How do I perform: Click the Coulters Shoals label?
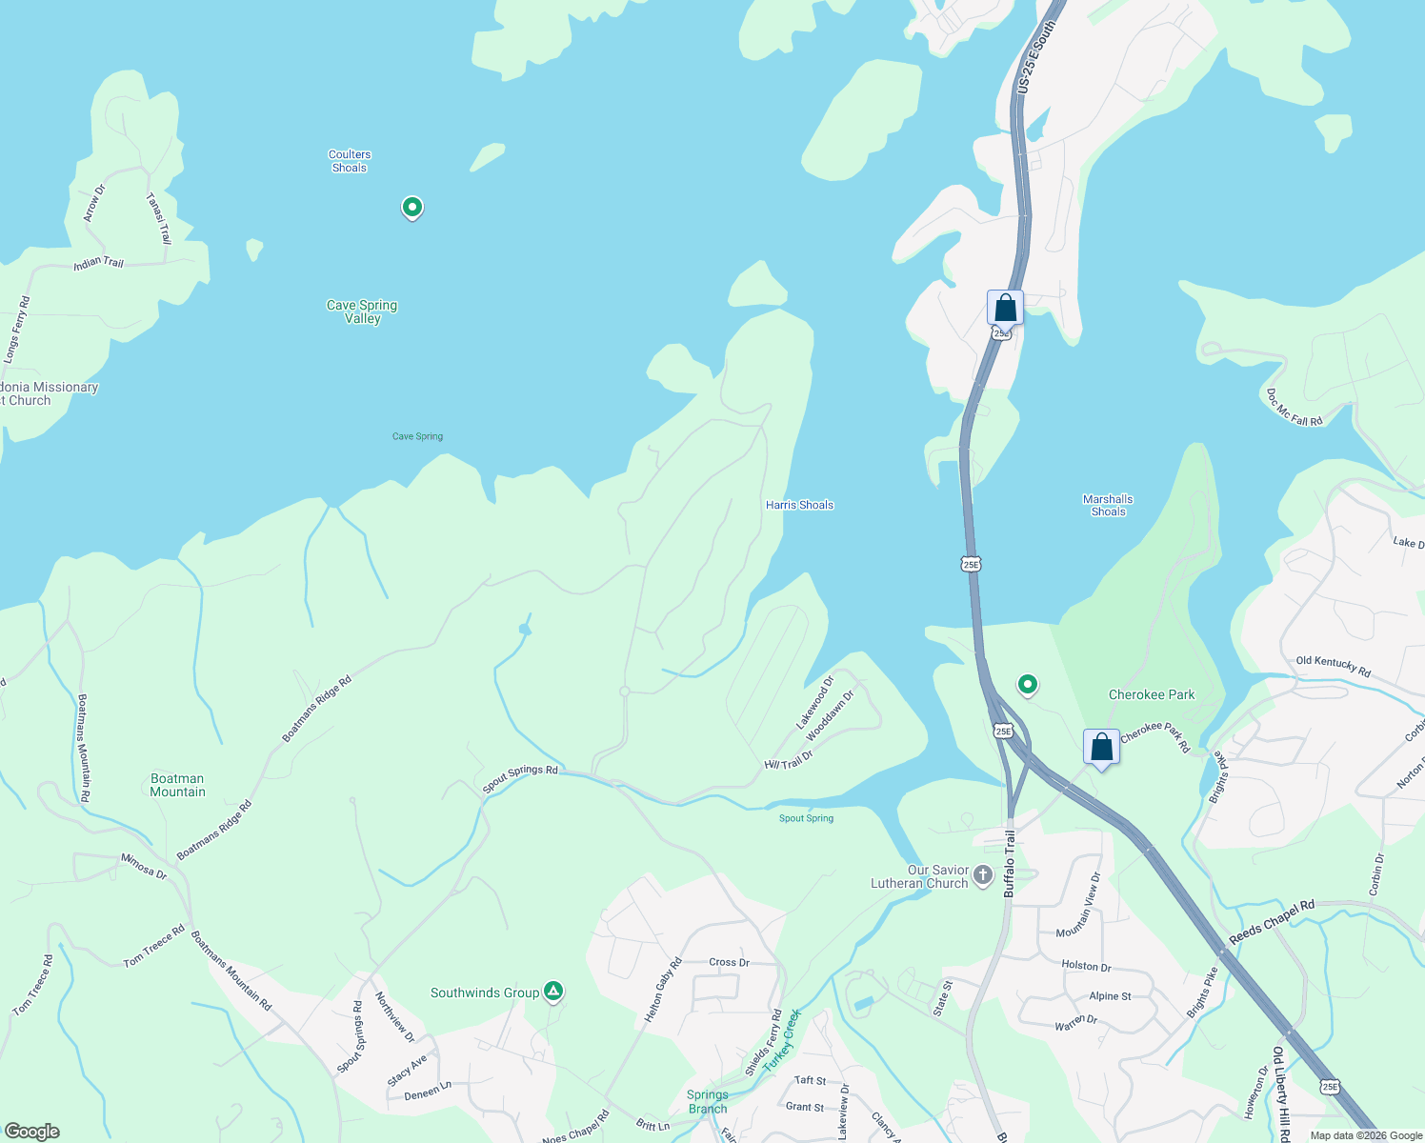tap(350, 161)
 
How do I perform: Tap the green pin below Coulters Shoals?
tap(411, 207)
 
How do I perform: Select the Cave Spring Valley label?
tap(362, 311)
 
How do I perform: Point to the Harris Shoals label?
tap(799, 505)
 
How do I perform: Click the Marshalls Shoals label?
tap(1108, 505)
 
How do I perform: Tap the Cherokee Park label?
tap(1151, 694)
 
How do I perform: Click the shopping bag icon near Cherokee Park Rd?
tap(1101, 748)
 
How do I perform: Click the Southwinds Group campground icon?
tap(553, 992)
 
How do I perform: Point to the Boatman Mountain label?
tap(177, 785)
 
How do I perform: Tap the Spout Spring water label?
tap(806, 818)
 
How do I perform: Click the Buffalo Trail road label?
tap(1010, 863)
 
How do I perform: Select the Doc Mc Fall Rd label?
tap(1294, 407)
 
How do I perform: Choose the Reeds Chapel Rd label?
tap(1271, 922)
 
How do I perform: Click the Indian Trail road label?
tap(99, 263)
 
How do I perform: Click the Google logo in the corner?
tap(32, 1131)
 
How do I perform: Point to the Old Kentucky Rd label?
tap(1333, 667)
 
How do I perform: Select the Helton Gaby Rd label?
tap(663, 991)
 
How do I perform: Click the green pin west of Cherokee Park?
tap(1027, 684)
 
